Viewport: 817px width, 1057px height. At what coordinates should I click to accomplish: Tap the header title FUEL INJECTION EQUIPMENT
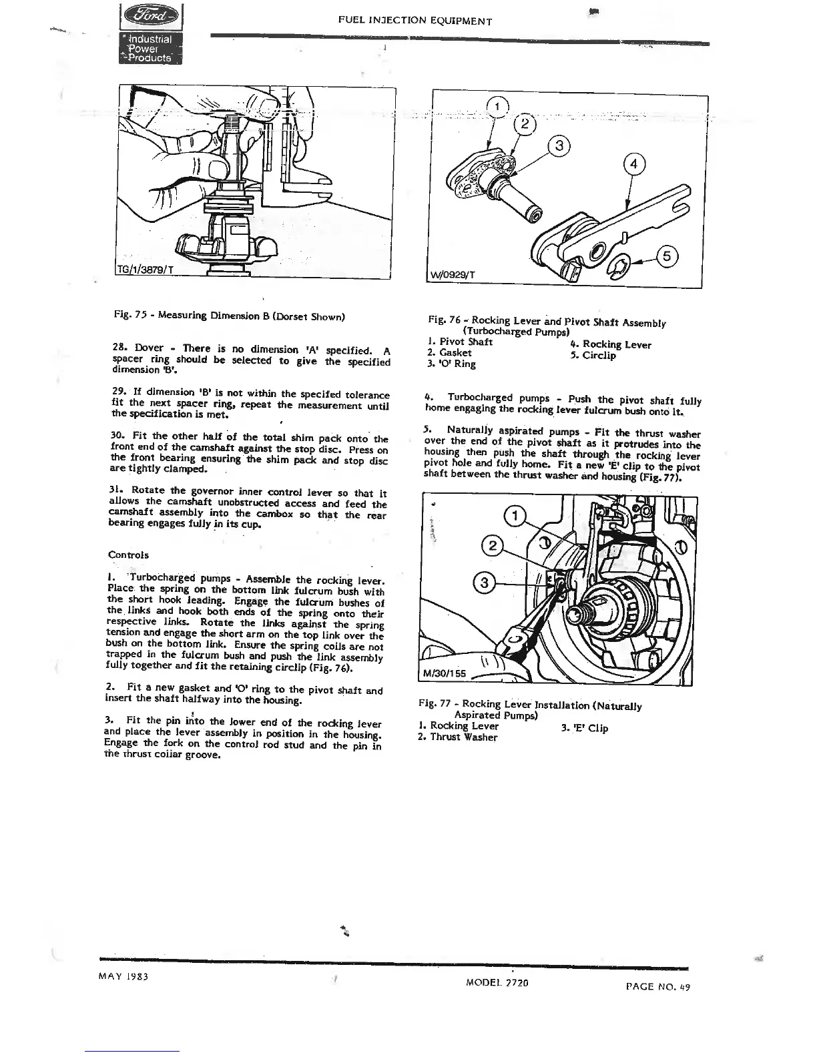pos(415,21)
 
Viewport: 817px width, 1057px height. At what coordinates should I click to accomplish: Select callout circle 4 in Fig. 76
pos(633,164)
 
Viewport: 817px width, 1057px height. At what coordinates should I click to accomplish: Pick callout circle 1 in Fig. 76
pos(498,107)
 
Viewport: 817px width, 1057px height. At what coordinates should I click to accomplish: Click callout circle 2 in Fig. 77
pos(493,547)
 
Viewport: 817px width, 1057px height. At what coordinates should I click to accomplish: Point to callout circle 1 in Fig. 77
pos(514,516)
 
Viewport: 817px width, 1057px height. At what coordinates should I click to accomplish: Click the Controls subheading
pos(128,555)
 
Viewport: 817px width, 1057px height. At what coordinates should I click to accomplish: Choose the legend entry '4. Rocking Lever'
pos(610,345)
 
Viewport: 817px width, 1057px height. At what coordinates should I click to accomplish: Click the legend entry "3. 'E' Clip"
pos(585,728)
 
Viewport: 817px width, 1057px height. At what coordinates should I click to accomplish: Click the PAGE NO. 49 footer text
pos(657,986)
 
